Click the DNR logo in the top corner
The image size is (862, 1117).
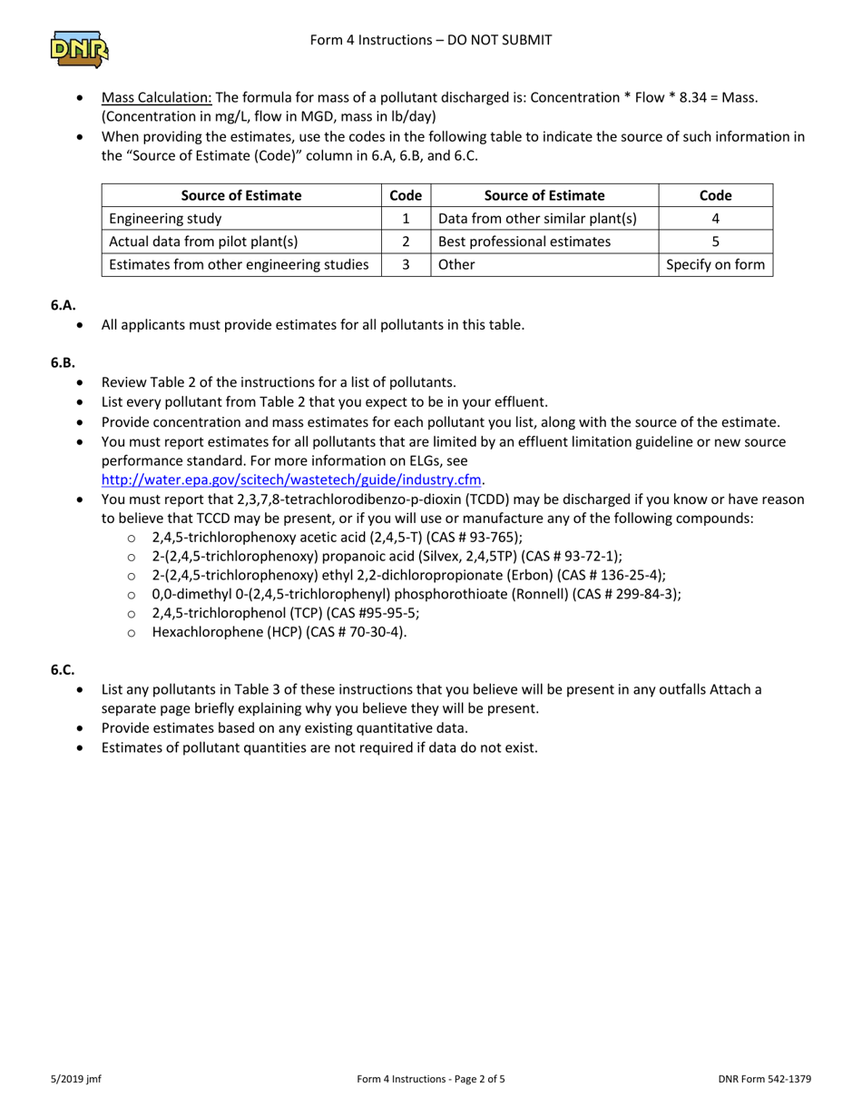tap(80, 50)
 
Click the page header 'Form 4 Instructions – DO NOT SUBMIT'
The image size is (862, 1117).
tap(430, 40)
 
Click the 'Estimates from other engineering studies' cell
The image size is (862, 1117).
tap(239, 264)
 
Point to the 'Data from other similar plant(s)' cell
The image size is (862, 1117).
tap(537, 219)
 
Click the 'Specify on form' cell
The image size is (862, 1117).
tap(716, 264)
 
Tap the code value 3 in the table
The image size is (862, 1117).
tap(406, 264)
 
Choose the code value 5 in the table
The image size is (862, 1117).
tap(716, 242)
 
